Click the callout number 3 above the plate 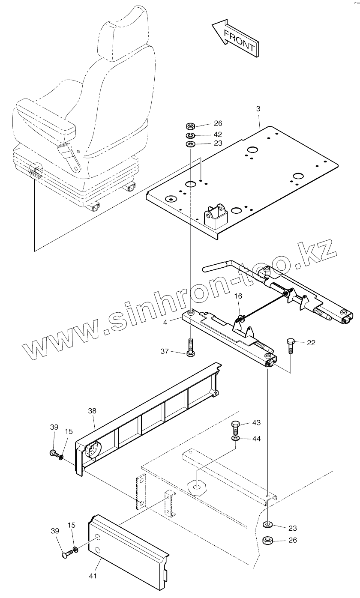pos(258,109)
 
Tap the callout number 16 pos(238,296)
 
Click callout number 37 pos(165,352)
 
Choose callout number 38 pos(92,410)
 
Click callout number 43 pos(256,423)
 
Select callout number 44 pos(256,439)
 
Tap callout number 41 pos(93,576)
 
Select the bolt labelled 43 pos(235,427)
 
